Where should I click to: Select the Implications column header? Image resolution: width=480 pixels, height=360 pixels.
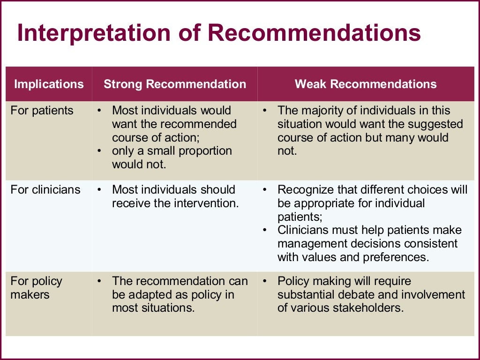click(x=49, y=84)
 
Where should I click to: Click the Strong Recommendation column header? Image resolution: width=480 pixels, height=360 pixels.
click(x=174, y=84)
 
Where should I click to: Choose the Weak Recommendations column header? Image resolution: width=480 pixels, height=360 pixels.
click(x=366, y=84)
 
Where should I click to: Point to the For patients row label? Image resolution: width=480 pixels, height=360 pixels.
click(x=42, y=111)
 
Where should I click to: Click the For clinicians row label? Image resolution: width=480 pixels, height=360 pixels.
click(x=45, y=190)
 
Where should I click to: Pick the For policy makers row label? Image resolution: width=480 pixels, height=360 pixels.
click(x=36, y=288)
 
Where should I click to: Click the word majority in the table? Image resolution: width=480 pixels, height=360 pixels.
click(x=320, y=111)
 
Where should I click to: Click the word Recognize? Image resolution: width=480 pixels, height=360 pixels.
click(x=304, y=190)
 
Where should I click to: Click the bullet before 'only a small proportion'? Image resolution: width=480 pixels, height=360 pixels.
click(x=99, y=151)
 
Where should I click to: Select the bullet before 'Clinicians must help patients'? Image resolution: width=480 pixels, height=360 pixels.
click(x=265, y=230)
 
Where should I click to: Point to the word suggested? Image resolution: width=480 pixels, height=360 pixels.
click(x=438, y=124)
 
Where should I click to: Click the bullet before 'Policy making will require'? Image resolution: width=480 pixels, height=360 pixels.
click(x=265, y=281)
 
